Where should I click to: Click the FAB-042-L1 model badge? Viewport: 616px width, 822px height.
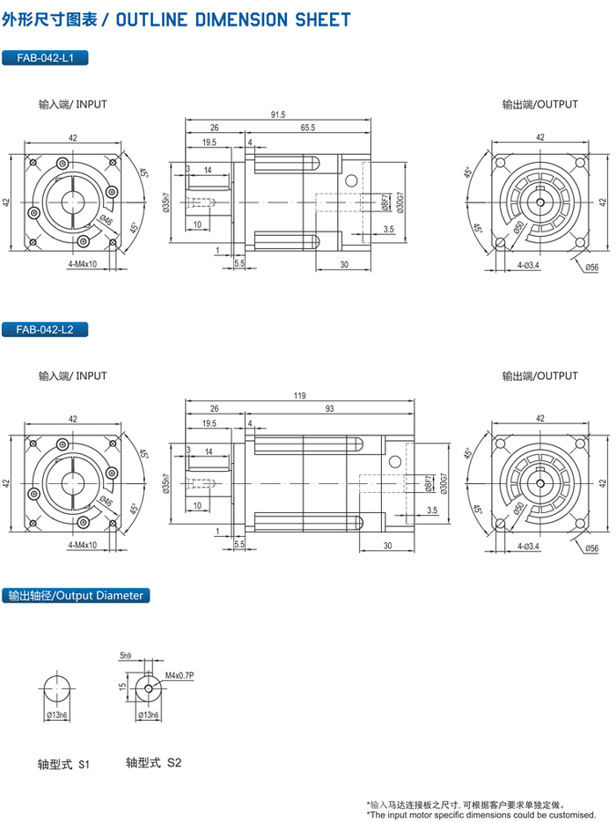[45, 58]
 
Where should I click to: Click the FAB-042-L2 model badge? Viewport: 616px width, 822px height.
[45, 330]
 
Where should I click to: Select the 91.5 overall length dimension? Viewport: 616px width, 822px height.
[278, 114]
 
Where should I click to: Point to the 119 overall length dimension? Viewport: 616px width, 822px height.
[299, 396]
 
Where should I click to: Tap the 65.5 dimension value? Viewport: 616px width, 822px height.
[308, 128]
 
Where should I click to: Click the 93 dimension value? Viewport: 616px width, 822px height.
[329, 408]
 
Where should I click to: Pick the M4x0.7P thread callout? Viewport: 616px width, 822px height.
[180, 675]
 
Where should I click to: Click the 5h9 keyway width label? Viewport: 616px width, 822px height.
[126, 656]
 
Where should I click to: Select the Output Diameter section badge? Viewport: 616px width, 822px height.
[76, 596]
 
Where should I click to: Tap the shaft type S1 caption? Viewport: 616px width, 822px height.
[63, 764]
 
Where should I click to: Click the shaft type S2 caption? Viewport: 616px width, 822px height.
[154, 763]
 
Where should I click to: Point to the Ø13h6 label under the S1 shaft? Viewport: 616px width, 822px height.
[56, 715]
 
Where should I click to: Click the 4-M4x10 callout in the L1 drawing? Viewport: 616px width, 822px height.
[83, 264]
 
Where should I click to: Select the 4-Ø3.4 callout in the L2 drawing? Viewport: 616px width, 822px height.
[528, 547]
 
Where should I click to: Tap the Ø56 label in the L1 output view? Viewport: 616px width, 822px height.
[592, 268]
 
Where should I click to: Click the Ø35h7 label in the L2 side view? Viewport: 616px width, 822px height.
[165, 483]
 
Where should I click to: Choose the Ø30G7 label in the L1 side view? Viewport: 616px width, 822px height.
[401, 202]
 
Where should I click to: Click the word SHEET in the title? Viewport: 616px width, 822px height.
[322, 20]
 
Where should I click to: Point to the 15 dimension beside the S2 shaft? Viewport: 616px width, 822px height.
[122, 686]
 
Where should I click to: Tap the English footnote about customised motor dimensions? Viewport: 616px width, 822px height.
[481, 815]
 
